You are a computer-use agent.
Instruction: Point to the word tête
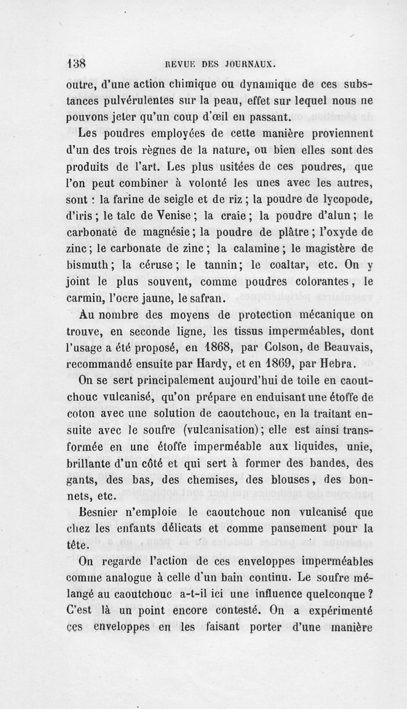coord(78,545)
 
